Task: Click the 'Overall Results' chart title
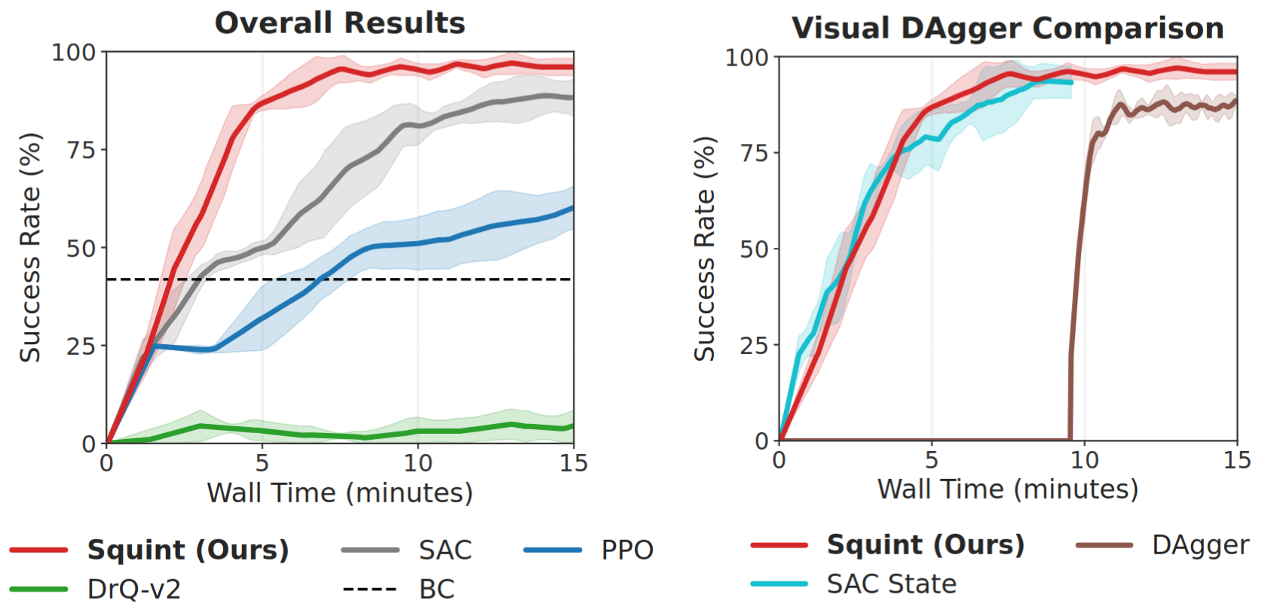[x=340, y=23]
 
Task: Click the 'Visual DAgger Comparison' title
[x=1007, y=29]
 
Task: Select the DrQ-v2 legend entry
[x=133, y=589]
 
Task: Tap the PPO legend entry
[x=626, y=551]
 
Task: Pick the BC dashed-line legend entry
[x=436, y=589]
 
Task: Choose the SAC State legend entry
[x=891, y=584]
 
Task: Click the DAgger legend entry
[x=1200, y=545]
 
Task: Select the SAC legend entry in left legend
[x=445, y=551]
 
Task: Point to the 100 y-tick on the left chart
[x=73, y=53]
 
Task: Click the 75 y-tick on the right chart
[x=754, y=153]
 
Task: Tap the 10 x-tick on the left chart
[x=418, y=462]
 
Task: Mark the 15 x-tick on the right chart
[x=1237, y=459]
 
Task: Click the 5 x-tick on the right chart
[x=932, y=459]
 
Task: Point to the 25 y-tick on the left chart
[x=81, y=346]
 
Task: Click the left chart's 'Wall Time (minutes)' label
[x=340, y=493]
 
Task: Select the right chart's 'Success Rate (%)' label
[x=704, y=249]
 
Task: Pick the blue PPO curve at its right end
[x=569, y=209]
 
